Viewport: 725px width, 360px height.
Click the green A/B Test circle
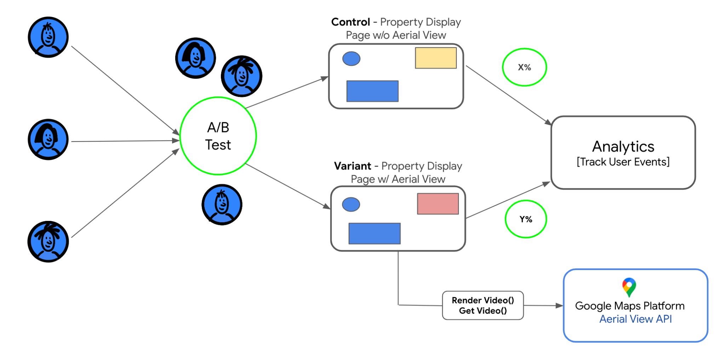click(218, 136)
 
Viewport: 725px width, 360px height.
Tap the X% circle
click(524, 67)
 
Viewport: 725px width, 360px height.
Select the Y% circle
click(526, 219)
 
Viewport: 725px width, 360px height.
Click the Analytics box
click(623, 153)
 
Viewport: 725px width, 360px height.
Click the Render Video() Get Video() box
click(483, 305)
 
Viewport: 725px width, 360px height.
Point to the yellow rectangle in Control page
click(436, 58)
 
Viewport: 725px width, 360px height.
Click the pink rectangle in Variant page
click(438, 204)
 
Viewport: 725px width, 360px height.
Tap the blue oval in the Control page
click(351, 59)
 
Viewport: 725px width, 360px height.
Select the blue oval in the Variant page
click(351, 205)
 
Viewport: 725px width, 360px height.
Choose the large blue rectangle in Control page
click(372, 91)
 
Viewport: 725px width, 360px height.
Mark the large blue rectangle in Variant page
click(375, 234)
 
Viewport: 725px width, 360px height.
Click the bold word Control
click(350, 22)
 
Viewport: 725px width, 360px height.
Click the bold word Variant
click(353, 166)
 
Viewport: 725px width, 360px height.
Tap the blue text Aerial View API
click(635, 319)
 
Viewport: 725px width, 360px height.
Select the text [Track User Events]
click(623, 162)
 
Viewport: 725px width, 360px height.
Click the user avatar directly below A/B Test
click(222, 205)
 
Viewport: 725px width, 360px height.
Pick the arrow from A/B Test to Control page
click(287, 92)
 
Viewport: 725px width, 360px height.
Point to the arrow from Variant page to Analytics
click(508, 200)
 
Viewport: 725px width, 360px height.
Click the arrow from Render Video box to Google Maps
click(543, 305)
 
